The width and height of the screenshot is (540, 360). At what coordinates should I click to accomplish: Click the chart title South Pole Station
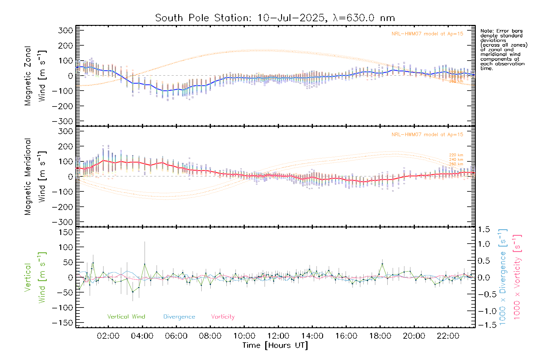[x=275, y=18]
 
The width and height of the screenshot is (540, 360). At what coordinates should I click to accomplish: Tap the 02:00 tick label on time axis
[x=108, y=336]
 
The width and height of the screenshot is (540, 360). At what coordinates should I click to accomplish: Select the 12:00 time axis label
[x=278, y=336]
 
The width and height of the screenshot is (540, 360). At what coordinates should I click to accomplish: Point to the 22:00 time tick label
[x=448, y=336]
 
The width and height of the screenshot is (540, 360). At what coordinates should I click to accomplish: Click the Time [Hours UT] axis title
[x=275, y=345]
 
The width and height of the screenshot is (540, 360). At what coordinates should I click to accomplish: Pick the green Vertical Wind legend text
[x=126, y=316]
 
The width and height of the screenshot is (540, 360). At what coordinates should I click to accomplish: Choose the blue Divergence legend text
[x=179, y=316]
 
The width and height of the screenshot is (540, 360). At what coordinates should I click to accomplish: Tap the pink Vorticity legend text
[x=223, y=316]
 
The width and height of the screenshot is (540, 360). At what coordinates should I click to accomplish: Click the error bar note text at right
[x=503, y=49]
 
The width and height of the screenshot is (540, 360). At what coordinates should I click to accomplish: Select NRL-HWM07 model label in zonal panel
[x=427, y=34]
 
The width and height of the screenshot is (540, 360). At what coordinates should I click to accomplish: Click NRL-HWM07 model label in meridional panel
[x=427, y=135]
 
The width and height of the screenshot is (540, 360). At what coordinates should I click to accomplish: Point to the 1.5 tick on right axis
[x=484, y=229]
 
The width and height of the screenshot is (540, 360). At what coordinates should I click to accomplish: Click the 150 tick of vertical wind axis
[x=66, y=232]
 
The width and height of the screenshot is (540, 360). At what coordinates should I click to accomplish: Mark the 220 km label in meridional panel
[x=456, y=155]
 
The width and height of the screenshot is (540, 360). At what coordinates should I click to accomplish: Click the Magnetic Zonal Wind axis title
[x=35, y=76]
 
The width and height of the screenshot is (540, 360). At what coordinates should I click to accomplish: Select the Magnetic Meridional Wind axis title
[x=35, y=177]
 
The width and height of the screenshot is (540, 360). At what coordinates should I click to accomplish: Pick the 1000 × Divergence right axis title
[x=502, y=277]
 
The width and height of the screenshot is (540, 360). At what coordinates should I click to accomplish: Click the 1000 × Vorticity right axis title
[x=517, y=277]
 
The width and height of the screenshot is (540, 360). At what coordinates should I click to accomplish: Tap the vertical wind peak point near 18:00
[x=382, y=264]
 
